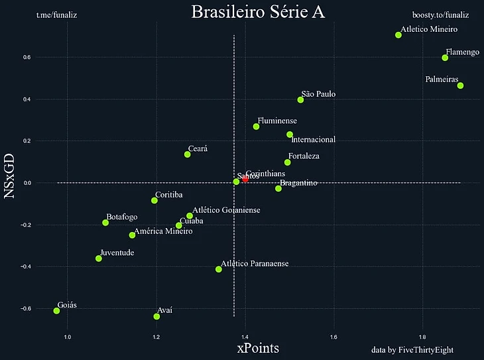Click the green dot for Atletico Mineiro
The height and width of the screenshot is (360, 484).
398,35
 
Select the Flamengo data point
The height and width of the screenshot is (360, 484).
445,58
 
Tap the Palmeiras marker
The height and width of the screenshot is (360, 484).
460,86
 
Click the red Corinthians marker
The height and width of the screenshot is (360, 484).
245,179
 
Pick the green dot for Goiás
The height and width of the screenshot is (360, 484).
57,310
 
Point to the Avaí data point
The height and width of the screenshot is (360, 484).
156,316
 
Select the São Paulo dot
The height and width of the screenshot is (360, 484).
300,100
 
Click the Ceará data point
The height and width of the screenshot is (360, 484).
188,154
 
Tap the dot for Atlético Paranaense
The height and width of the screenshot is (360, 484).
219,269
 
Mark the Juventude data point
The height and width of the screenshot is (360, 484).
99,259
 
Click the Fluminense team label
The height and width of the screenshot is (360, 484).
276,121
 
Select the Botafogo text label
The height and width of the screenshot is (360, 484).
122,217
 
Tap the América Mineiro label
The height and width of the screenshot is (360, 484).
163,231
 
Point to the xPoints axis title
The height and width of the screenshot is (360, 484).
258,348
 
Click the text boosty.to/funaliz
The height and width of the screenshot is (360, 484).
440,15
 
